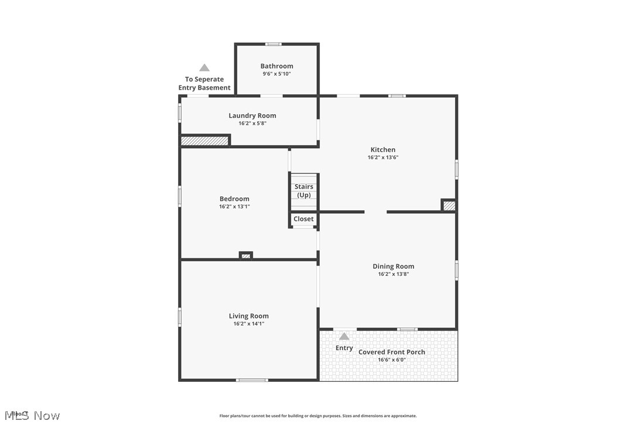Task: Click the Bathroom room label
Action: click(276, 66)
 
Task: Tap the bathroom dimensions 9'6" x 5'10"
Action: click(276, 74)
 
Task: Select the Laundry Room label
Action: click(252, 115)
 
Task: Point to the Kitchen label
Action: click(382, 150)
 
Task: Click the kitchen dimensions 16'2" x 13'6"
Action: click(382, 158)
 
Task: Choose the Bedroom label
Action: click(234, 199)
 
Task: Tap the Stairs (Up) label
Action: click(304, 191)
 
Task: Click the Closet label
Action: click(303, 219)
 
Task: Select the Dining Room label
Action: click(393, 266)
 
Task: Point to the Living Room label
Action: click(248, 316)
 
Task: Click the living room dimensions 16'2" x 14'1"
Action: click(248, 324)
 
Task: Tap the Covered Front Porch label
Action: click(392, 352)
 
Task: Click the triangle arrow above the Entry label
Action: click(344, 336)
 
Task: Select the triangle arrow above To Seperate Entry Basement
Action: click(204, 68)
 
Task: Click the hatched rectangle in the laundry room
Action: click(204, 141)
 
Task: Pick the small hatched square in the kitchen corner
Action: click(449, 206)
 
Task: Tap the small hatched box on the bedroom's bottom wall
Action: click(246, 255)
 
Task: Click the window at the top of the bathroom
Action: click(273, 44)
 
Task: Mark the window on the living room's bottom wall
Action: click(252, 380)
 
